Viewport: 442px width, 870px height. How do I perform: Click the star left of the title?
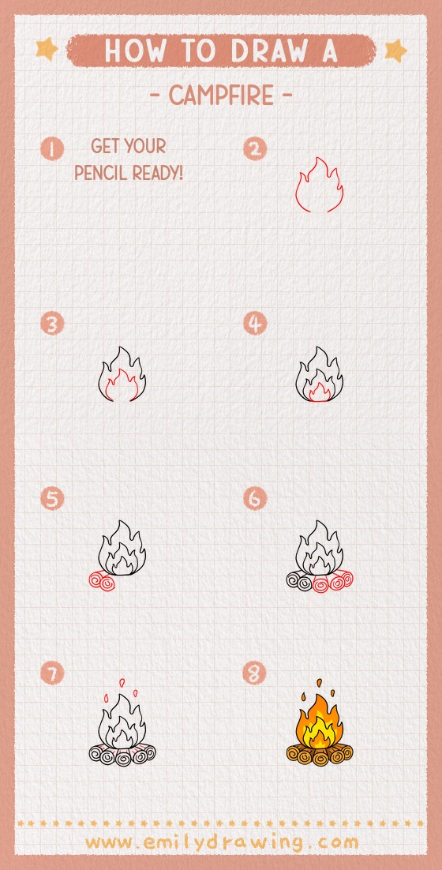click(47, 50)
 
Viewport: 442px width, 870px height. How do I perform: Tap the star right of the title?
click(395, 51)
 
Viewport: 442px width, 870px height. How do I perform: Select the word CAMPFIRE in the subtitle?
click(221, 96)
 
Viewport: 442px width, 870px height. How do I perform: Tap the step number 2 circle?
click(255, 148)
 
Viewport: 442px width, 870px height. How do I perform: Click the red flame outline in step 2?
click(317, 186)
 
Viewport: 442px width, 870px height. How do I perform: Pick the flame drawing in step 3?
click(123, 374)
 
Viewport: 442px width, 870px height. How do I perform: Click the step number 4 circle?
click(255, 324)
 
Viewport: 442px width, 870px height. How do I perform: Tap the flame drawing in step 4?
click(319, 374)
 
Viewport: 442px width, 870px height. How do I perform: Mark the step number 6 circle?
click(255, 499)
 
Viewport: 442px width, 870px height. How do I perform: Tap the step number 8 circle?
click(255, 673)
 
